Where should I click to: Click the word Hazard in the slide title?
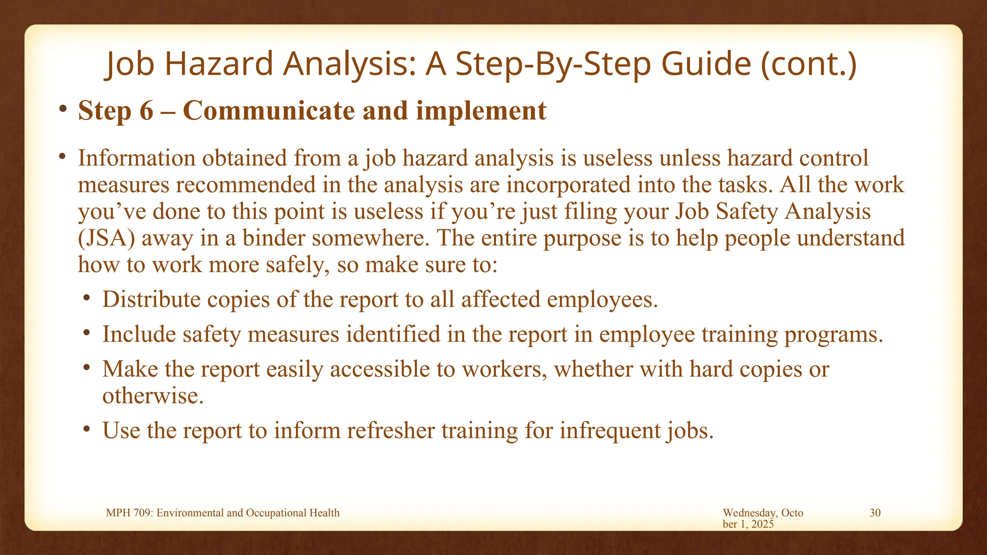click(x=219, y=64)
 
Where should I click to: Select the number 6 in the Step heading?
click(x=147, y=111)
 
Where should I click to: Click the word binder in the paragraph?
click(x=273, y=238)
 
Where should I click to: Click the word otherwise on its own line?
click(x=152, y=396)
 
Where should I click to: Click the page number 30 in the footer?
click(x=875, y=513)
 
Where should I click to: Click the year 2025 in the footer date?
click(x=762, y=524)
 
